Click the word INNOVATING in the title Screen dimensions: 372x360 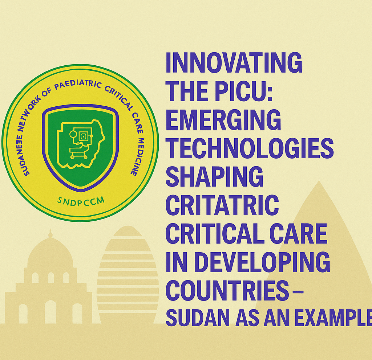234,62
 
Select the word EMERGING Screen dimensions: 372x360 223,119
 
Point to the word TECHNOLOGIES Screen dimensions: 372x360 250,148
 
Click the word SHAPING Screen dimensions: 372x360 214,177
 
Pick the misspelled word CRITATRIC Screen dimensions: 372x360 222,205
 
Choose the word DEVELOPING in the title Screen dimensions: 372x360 262,262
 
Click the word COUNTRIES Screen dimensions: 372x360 227,291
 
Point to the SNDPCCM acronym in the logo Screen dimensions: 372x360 81,202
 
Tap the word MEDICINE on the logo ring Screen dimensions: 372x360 137,156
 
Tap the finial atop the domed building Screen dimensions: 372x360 50,234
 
